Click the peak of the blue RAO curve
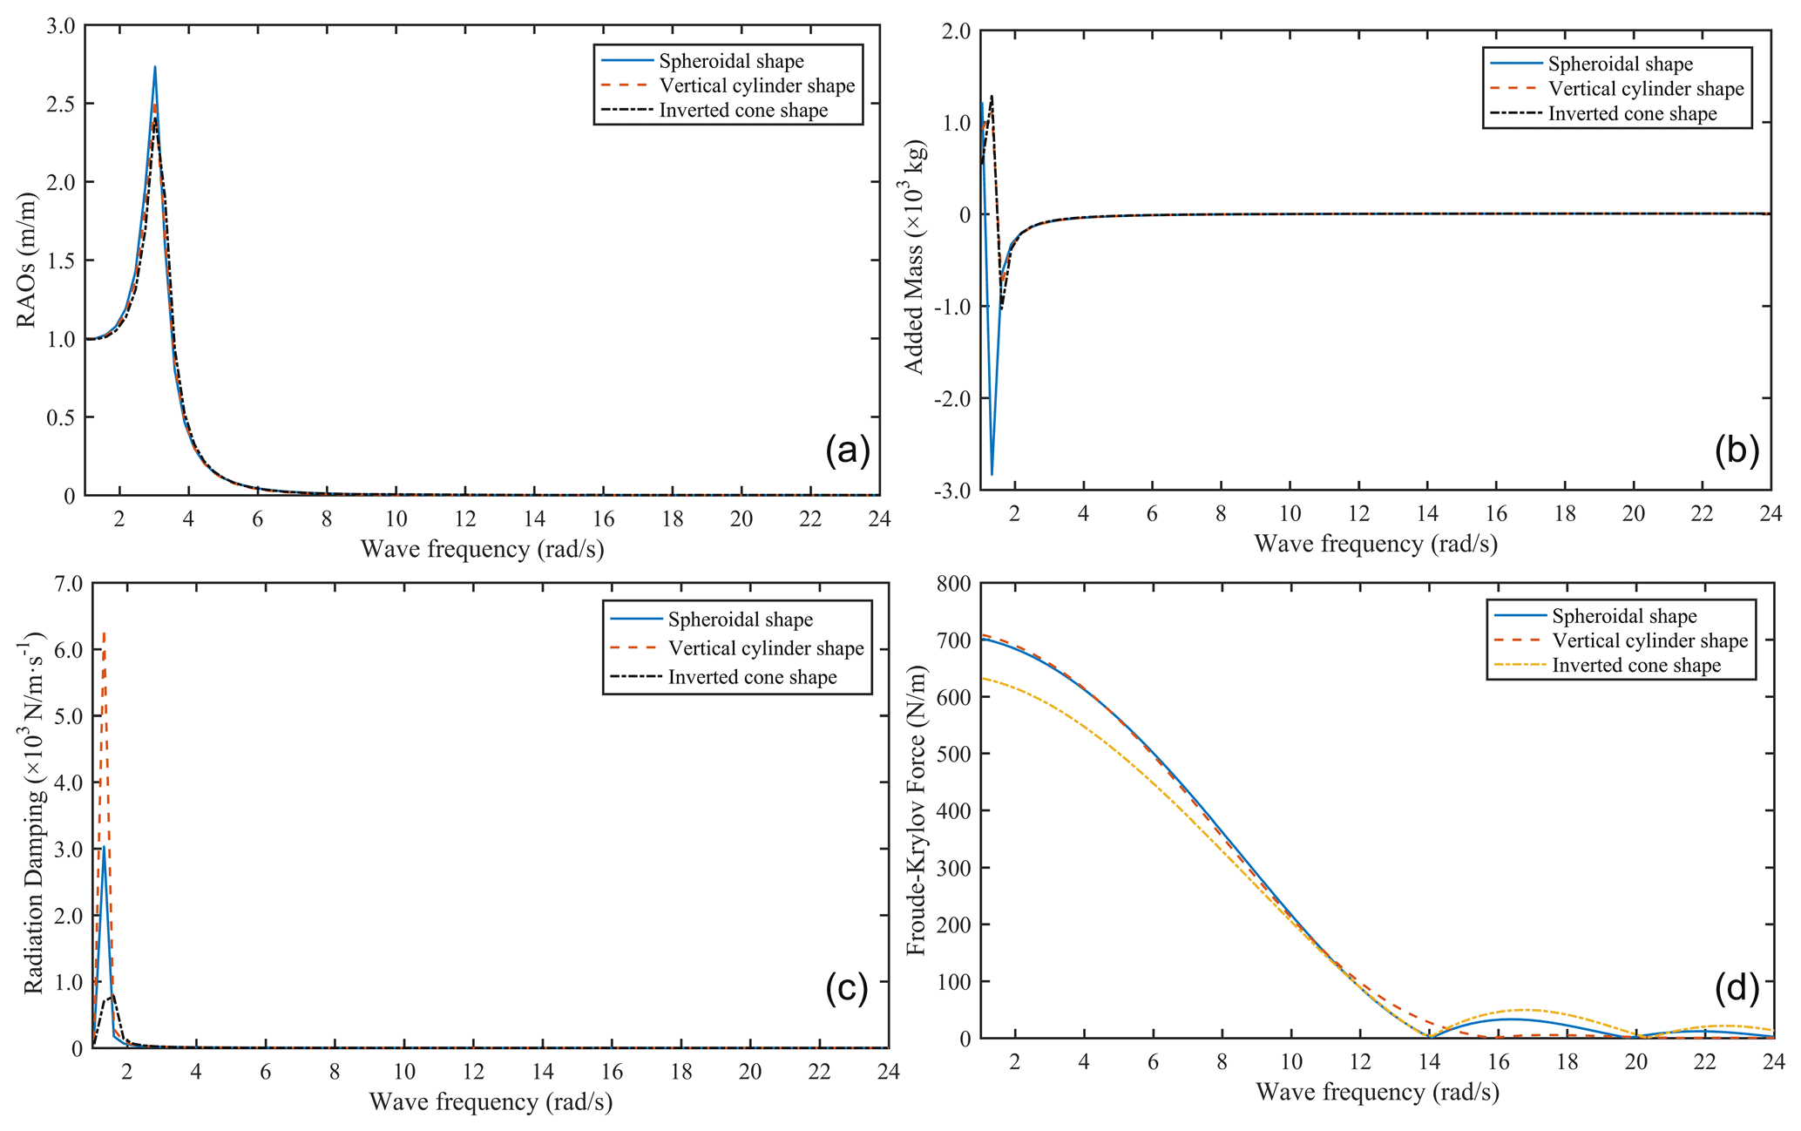coord(155,67)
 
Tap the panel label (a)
coord(847,450)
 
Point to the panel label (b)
coord(1737,449)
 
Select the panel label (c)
coord(846,990)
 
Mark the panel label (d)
coord(1737,987)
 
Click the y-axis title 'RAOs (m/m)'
coord(27,260)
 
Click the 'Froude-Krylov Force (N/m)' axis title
coord(916,810)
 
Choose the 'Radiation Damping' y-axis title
coord(33,815)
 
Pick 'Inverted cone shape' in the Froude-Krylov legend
coord(1636,666)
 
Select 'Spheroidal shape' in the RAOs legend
coord(731,61)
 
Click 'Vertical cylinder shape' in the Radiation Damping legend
coord(766,648)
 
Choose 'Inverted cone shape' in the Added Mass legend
coord(1632,114)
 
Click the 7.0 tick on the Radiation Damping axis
coord(67,583)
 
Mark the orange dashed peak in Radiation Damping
coord(105,633)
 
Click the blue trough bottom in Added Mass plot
coord(992,474)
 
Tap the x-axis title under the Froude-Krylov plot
coord(1377,1092)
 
